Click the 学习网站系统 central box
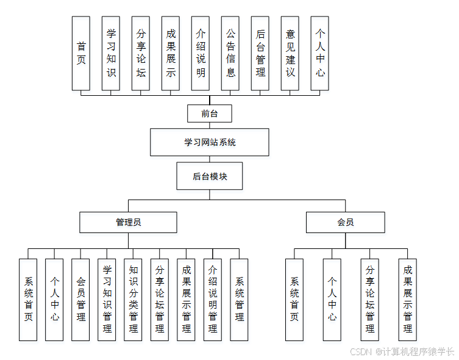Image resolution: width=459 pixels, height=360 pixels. pos(210,143)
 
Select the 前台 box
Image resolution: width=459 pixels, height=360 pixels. pos(210,113)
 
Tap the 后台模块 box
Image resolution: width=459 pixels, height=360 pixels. pos(210,176)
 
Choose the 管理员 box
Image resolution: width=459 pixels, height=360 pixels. pos(128,222)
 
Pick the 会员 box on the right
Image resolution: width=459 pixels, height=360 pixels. pos(345,222)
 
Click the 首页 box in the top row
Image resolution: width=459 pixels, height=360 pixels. pos(81,53)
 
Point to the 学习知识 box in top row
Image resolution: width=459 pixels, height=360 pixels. pos(111,53)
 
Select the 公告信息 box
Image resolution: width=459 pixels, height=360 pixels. pos(230,53)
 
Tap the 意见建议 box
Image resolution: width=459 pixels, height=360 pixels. pos(290,53)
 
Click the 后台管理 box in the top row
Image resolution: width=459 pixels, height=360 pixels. pos(260,53)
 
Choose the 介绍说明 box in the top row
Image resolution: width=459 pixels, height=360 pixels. pos(201,53)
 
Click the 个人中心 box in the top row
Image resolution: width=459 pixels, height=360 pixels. pos(320,53)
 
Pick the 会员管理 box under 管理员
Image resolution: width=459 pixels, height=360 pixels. pos(81,299)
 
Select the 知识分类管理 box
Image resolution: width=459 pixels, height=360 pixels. pos(133,299)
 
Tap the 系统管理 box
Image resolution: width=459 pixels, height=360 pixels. pos(239,299)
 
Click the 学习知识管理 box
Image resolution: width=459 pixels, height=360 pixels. pos(107,299)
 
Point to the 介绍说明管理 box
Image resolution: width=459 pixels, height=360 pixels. pos(213,299)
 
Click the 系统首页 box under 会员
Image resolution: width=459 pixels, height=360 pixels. pos(294,299)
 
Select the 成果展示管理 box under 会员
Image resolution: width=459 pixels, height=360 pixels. pos(408,299)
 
